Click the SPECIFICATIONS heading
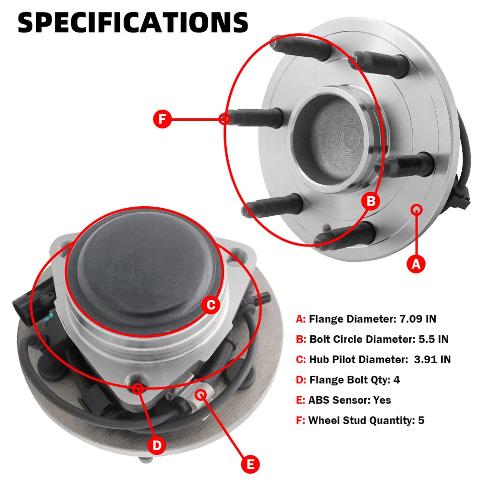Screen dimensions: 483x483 [x=133, y=23]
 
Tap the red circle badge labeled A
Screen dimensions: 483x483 [x=416, y=263]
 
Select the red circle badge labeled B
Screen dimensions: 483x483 [x=371, y=202]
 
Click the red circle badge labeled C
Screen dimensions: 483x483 [x=211, y=304]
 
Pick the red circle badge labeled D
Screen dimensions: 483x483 [x=157, y=445]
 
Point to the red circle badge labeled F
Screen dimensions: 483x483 [x=162, y=119]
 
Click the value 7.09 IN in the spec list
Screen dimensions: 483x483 [x=418, y=319]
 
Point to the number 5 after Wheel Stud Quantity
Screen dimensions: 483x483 [x=421, y=420]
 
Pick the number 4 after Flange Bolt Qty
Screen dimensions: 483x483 [x=396, y=380]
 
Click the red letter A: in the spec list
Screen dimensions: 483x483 [x=301, y=319]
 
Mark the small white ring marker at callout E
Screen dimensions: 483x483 [x=202, y=393]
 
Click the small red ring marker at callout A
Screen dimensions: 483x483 [x=416, y=209]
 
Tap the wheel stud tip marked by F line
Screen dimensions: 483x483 [x=224, y=119]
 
